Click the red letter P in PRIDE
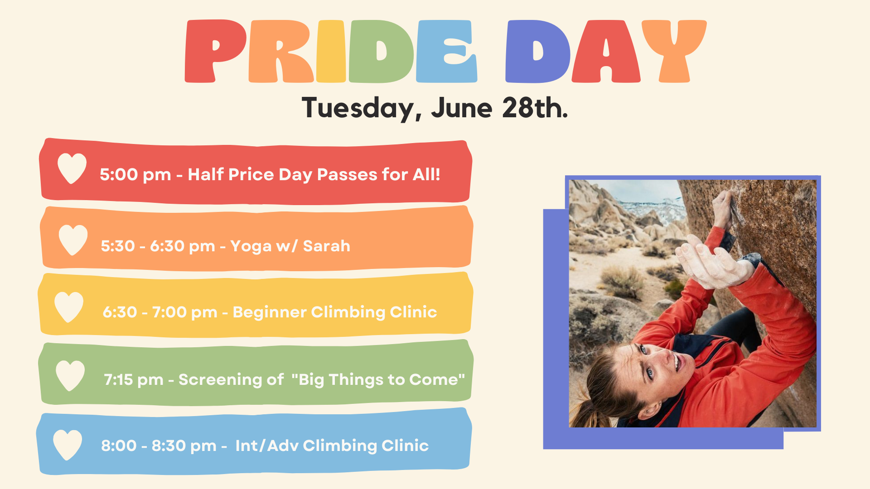click(x=215, y=51)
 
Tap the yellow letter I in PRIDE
click(x=331, y=51)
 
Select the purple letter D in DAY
click(x=537, y=51)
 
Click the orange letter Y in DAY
click(x=674, y=51)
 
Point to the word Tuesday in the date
click(x=358, y=109)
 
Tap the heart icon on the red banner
click(x=72, y=168)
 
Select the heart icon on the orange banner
click(x=73, y=240)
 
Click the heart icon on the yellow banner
click(x=69, y=307)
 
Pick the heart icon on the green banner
click(x=70, y=375)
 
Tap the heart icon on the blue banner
click(x=68, y=445)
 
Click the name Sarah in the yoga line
click(x=326, y=246)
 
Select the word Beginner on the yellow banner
click(x=270, y=312)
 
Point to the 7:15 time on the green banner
click(x=118, y=379)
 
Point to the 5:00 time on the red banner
click(x=119, y=174)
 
